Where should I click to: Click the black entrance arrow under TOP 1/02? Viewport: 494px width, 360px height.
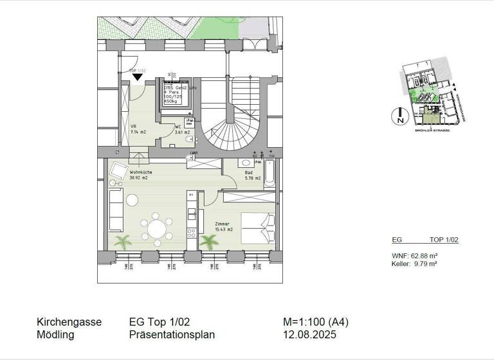click(x=137, y=77)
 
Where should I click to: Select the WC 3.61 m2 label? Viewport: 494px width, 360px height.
click(x=181, y=130)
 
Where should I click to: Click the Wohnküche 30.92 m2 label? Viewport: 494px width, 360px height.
click(x=139, y=175)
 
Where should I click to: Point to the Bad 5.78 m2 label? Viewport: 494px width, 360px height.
click(x=252, y=175)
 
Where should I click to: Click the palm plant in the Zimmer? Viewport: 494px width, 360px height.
click(x=208, y=242)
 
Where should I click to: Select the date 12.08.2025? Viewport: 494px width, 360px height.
click(x=310, y=335)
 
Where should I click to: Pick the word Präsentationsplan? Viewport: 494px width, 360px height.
click(x=172, y=335)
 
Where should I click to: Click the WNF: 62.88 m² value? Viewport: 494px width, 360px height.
click(x=414, y=256)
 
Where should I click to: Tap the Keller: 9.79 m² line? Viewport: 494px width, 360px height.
click(x=414, y=264)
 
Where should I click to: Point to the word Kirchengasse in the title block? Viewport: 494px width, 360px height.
click(x=69, y=322)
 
